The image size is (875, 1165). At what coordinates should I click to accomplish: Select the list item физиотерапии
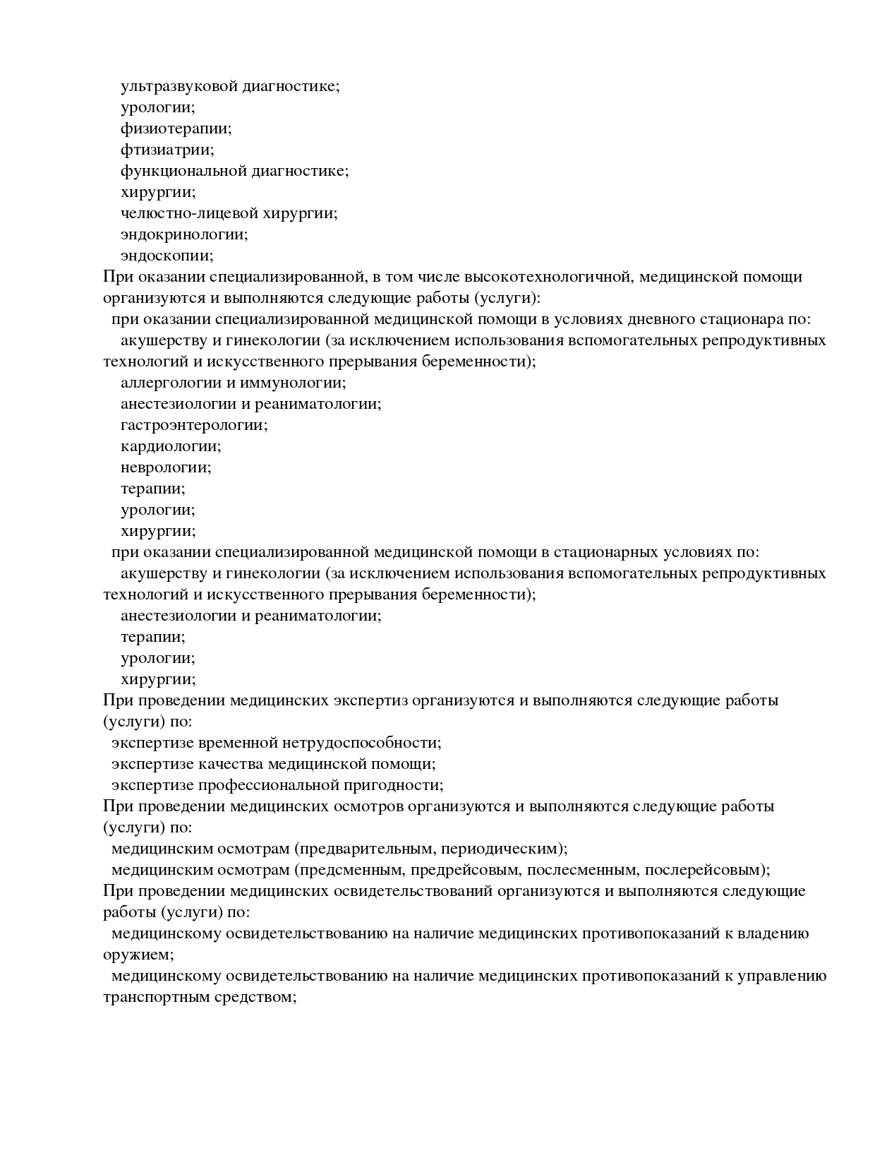point(176,129)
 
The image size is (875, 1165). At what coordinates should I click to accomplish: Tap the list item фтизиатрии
point(167,150)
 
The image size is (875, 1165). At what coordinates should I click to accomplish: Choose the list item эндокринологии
point(184,234)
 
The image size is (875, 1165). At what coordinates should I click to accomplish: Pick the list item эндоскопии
point(167,256)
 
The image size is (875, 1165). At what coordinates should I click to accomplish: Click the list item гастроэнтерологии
point(194,425)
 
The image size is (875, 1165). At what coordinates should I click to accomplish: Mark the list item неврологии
point(166,467)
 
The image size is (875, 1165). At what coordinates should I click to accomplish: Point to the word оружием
point(138,955)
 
